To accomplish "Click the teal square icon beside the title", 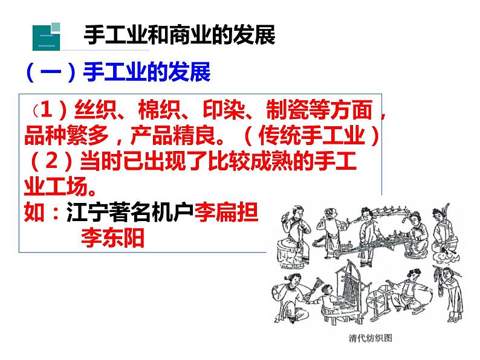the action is (x=46, y=37).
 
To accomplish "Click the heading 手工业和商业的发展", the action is (x=180, y=34).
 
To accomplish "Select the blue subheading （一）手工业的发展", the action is (x=118, y=72).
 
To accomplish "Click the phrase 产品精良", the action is (x=173, y=135).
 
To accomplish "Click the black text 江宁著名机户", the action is (x=130, y=211).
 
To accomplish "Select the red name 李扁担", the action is (x=226, y=211).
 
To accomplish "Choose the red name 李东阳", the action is (x=112, y=237).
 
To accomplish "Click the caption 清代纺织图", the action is (x=371, y=338).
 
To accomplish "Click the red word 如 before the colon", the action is (x=34, y=211).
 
